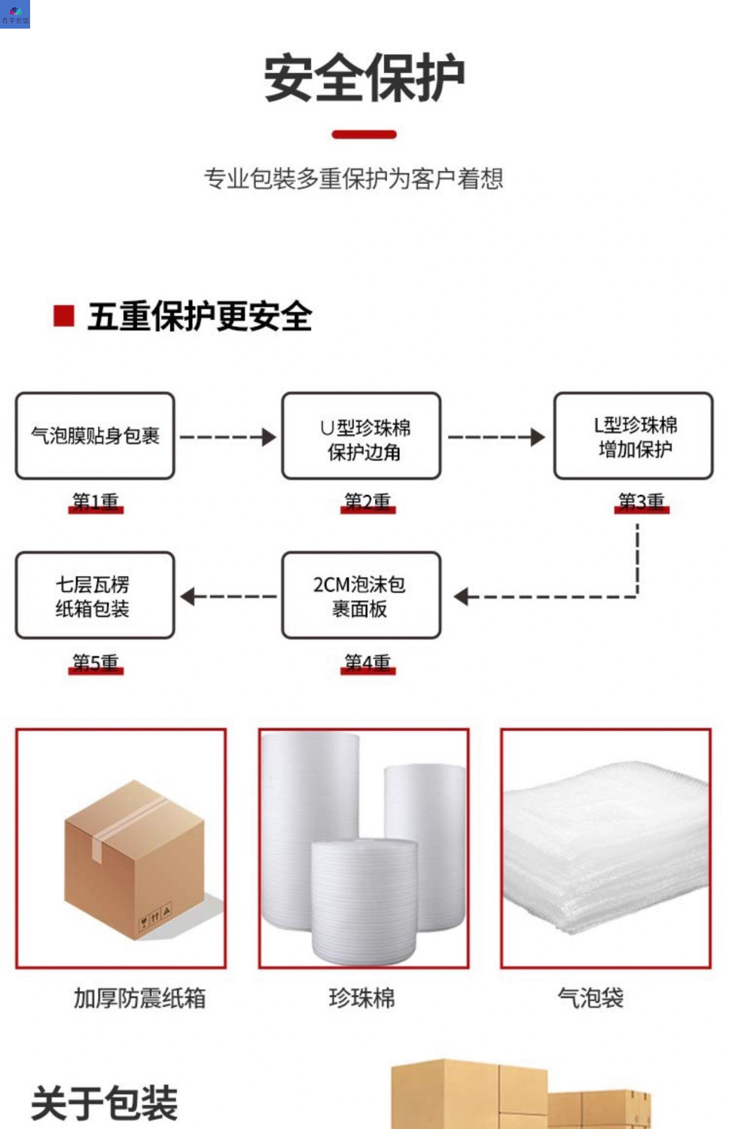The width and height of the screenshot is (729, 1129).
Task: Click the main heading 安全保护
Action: click(364, 78)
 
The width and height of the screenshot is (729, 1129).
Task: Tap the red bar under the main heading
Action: click(364, 135)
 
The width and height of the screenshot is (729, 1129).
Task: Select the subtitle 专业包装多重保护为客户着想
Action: click(353, 179)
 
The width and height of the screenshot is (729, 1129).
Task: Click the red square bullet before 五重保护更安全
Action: click(64, 316)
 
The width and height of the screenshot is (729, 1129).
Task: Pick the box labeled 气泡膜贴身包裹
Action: click(95, 435)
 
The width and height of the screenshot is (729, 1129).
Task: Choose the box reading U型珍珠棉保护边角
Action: click(361, 435)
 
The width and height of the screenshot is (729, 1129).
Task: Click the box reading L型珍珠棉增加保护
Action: click(633, 435)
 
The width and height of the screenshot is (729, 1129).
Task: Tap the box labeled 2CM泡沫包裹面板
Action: click(361, 596)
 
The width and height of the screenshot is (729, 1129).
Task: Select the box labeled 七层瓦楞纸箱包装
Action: click(95, 596)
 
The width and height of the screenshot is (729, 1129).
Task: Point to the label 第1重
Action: click(96, 502)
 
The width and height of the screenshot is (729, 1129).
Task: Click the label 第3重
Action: click(642, 502)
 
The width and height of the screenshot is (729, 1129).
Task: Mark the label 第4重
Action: click(368, 663)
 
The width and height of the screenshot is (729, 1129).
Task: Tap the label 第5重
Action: click(96, 663)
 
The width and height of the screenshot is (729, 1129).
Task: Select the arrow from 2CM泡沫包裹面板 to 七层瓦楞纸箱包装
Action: click(227, 597)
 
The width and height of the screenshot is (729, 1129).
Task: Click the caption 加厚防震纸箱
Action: click(139, 998)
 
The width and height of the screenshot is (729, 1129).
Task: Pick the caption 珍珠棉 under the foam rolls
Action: click(362, 998)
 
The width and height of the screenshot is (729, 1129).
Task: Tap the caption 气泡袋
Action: click(590, 998)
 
